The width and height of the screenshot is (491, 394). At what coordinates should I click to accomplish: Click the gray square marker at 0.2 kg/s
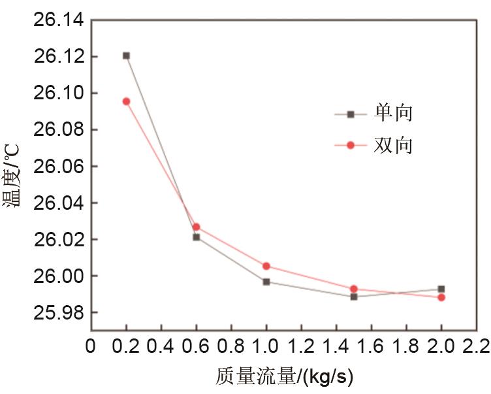[126, 56]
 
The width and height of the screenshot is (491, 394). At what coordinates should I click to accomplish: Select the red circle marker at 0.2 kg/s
[126, 101]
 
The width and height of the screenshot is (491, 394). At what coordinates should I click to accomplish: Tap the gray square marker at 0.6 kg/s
[196, 237]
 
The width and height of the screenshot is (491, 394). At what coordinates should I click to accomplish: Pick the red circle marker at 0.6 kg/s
[196, 227]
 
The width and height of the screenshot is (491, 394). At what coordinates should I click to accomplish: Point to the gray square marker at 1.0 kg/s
[266, 282]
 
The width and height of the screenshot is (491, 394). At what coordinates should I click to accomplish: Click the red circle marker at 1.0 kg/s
[266, 266]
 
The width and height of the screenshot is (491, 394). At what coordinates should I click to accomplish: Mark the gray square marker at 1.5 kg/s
[354, 297]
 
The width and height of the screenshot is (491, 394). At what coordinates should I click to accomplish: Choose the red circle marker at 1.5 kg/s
[354, 289]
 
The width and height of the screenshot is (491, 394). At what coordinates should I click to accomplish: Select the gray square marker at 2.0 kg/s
[441, 289]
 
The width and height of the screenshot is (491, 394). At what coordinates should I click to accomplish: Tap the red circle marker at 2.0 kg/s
[441, 297]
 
